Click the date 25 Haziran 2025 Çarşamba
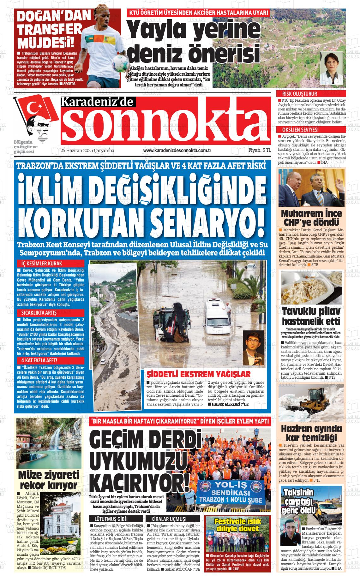click(x=87, y=151)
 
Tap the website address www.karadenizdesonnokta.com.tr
click(x=177, y=151)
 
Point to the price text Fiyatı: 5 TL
click(x=260, y=151)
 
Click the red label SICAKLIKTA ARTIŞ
click(x=39, y=313)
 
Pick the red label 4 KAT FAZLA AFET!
click(x=39, y=360)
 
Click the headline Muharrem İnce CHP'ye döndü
click(x=312, y=217)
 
